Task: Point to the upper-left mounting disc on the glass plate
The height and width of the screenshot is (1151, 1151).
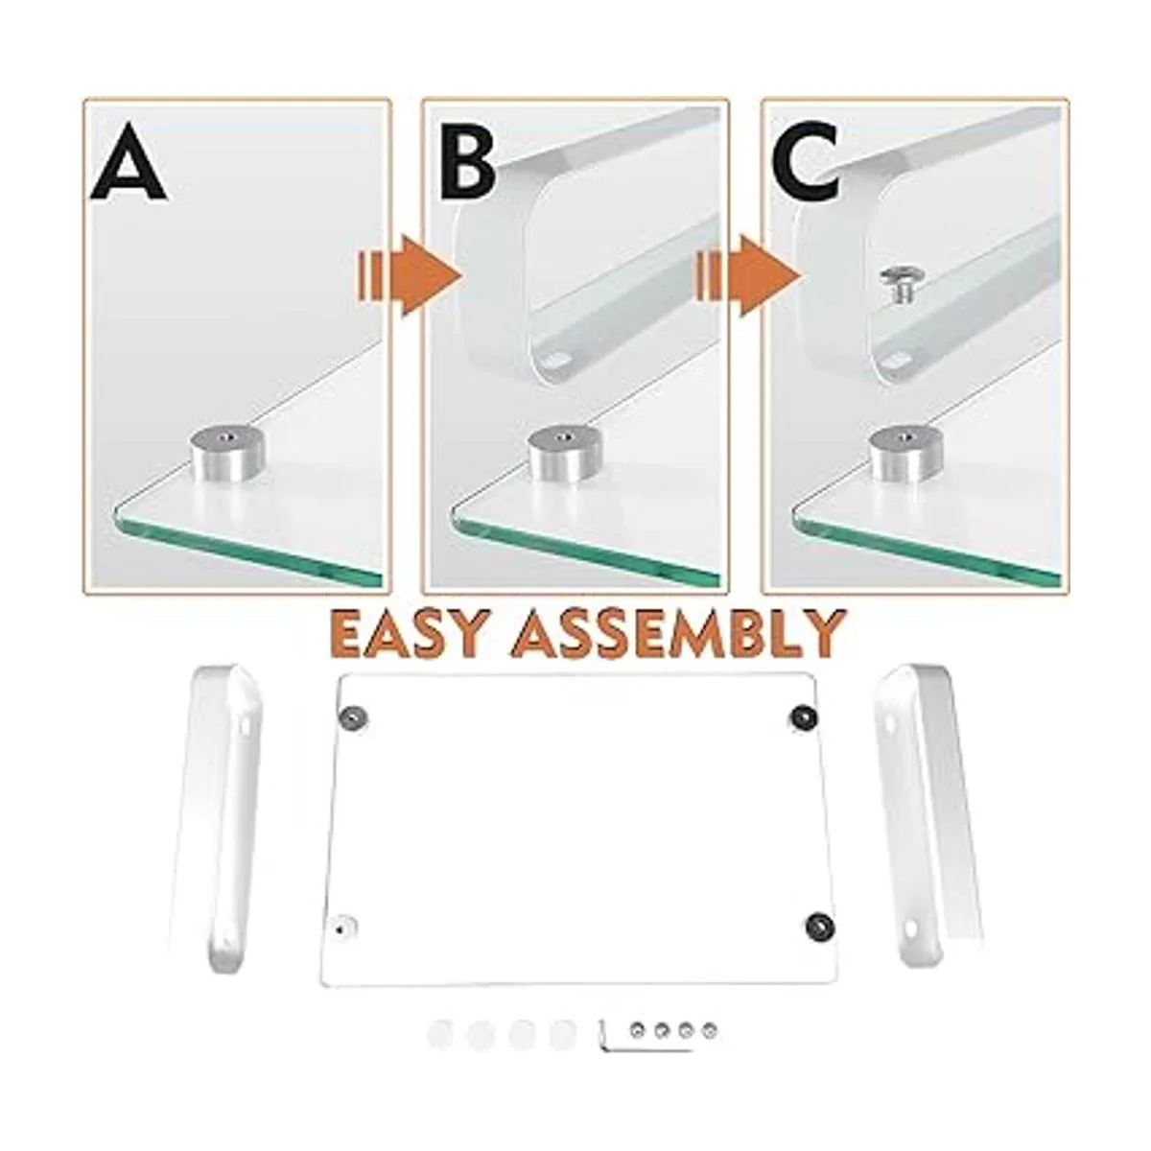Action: pyautogui.click(x=353, y=716)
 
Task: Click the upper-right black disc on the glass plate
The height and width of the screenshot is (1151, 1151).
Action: pyautogui.click(x=804, y=715)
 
